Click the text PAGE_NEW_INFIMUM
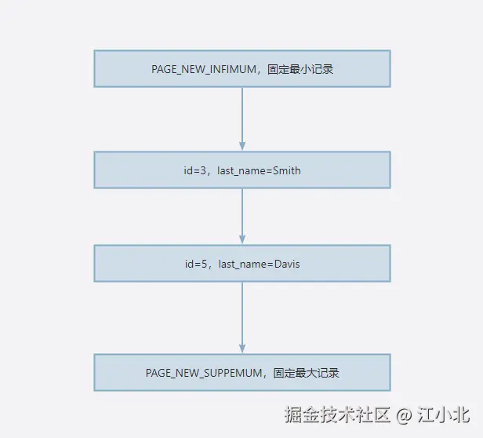pos(204,69)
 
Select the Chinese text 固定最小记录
pos(301,69)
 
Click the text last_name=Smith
pos(259,170)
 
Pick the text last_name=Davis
pos(259,264)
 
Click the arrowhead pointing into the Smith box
pos(242,146)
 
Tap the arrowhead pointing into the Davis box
pos(242,239)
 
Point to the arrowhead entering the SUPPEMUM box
pos(242,349)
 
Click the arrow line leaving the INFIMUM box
pos(242,114)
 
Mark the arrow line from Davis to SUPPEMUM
pos(242,314)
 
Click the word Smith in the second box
pos(286,170)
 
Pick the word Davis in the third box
pos(286,264)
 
